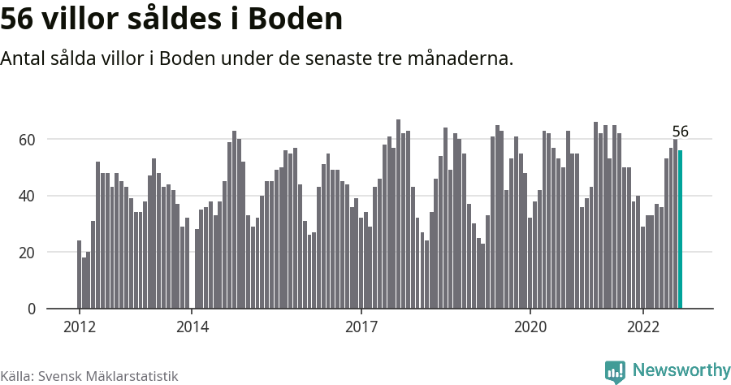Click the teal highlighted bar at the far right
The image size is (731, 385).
pos(680,230)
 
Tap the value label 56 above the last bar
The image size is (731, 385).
pos(680,132)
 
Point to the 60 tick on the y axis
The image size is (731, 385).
pos(28,140)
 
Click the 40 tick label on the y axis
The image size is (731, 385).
pos(28,196)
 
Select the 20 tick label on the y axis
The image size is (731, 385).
pos(28,253)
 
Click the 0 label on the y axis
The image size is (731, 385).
pos(32,309)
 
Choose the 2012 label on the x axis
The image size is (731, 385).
pos(80,327)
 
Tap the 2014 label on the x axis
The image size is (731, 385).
pos(192,327)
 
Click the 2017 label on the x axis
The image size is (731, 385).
pos(361,327)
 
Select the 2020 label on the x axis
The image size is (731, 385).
pos(530,327)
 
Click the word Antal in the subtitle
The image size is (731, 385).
pos(24,59)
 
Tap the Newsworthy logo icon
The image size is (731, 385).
pos(615,371)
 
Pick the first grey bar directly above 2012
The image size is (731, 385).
pos(80,275)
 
